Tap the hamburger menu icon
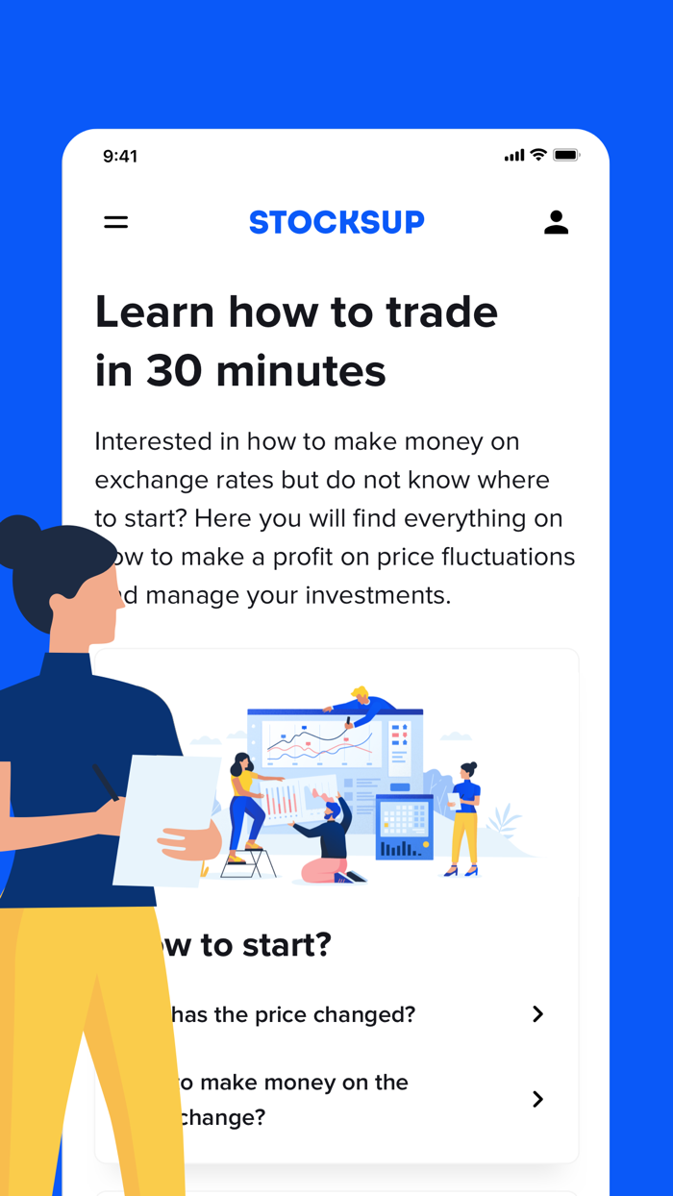pos(116,222)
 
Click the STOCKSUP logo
pos(336,222)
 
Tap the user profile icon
pos(556,222)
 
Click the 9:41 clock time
pos(120,156)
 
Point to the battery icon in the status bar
pos(566,156)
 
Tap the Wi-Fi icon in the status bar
pos(538,155)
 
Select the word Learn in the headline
pos(155,312)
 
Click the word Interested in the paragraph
pos(166,441)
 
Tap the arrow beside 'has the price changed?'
pos(537,1014)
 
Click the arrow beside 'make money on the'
pos(537,1099)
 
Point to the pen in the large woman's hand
pos(106,782)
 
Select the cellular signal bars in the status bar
pos(514,156)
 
